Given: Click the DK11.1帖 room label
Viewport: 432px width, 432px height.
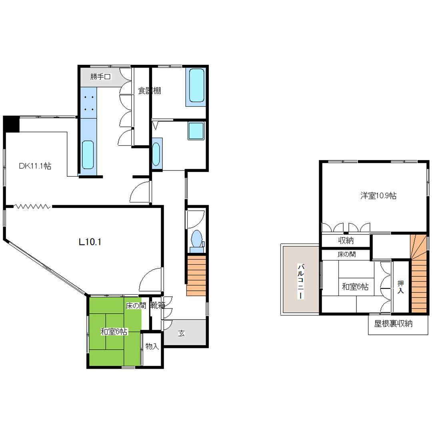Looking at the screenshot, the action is [x=35, y=166].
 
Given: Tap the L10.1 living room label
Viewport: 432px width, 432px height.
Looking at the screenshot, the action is [x=90, y=242].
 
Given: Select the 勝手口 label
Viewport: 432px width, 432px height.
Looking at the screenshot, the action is [x=100, y=76].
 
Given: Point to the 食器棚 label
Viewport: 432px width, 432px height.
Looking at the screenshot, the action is [x=149, y=90].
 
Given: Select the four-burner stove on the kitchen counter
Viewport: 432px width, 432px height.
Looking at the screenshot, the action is [x=89, y=103].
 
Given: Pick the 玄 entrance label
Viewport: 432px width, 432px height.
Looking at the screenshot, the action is [x=181, y=333].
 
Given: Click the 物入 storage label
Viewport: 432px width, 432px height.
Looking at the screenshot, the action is [x=152, y=346].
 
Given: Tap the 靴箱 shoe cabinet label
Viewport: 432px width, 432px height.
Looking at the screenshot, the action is [x=158, y=305].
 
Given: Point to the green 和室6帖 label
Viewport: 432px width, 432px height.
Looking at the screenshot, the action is [x=114, y=332].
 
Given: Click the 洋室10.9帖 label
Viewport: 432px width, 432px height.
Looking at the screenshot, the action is [x=378, y=196].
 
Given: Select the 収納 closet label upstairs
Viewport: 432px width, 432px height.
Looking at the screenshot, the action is [x=346, y=240].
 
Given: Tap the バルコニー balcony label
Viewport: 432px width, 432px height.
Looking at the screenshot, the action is [x=301, y=281].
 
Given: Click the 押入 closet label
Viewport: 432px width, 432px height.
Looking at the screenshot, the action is [x=400, y=286].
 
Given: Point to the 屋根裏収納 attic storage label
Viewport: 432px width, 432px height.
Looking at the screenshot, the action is [x=393, y=324].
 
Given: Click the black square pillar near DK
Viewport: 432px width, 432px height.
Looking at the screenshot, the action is [x=12, y=124].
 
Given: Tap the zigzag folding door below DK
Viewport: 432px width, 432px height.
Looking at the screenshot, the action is [x=32, y=206].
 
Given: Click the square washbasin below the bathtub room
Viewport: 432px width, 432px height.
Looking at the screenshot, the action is [x=196, y=130].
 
